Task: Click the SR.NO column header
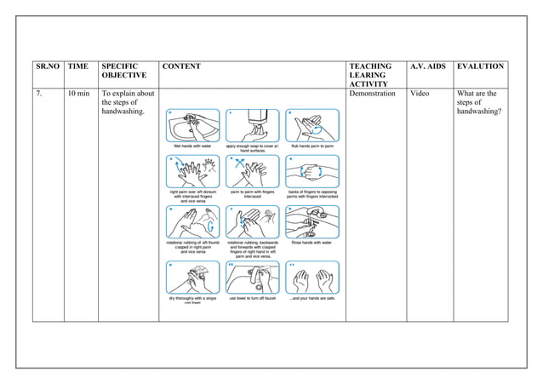pos(49,66)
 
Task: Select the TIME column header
pos(77,66)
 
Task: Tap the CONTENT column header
pos(181,66)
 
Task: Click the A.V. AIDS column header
pos(428,66)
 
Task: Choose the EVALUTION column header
pos(480,66)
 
